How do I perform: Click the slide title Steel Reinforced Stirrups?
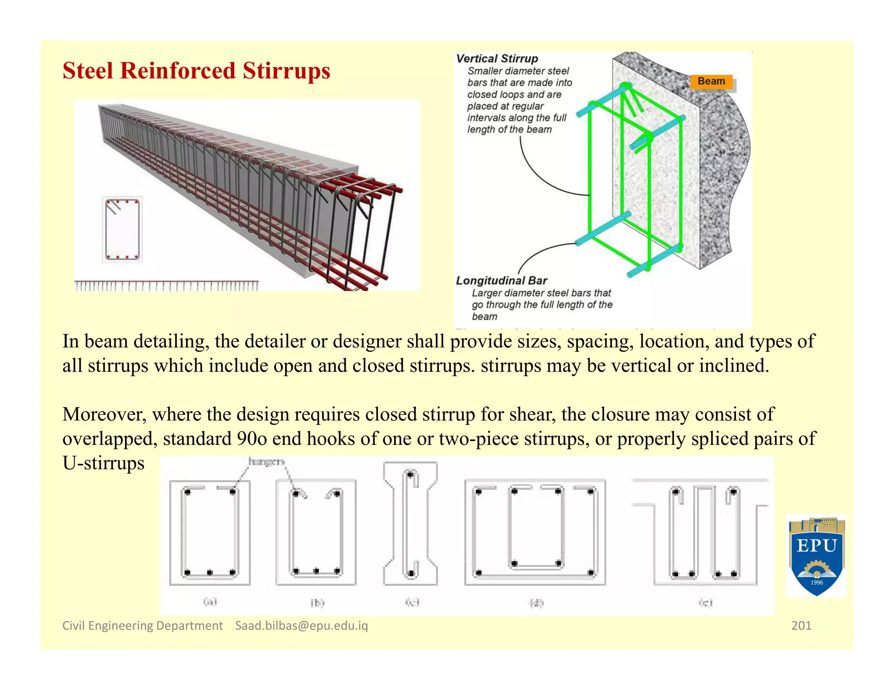coord(196,71)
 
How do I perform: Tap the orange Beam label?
coord(711,81)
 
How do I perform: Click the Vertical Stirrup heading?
coord(497,58)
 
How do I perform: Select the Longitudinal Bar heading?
coord(501,280)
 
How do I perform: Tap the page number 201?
coord(801,625)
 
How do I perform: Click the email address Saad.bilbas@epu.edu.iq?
coord(301,625)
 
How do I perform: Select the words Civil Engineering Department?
coord(142,625)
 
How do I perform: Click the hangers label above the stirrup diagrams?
coord(266,461)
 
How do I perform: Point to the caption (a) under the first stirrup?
coord(210,601)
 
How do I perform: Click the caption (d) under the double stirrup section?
coord(536,603)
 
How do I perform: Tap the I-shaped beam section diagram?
coord(410,523)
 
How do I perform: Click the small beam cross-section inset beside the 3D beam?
coord(122,229)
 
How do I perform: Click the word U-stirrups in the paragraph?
coord(103,463)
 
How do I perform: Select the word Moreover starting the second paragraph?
coord(104,414)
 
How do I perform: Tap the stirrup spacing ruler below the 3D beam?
coord(166,286)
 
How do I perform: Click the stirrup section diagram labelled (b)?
coord(316,532)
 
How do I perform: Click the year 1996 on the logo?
coord(816,583)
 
